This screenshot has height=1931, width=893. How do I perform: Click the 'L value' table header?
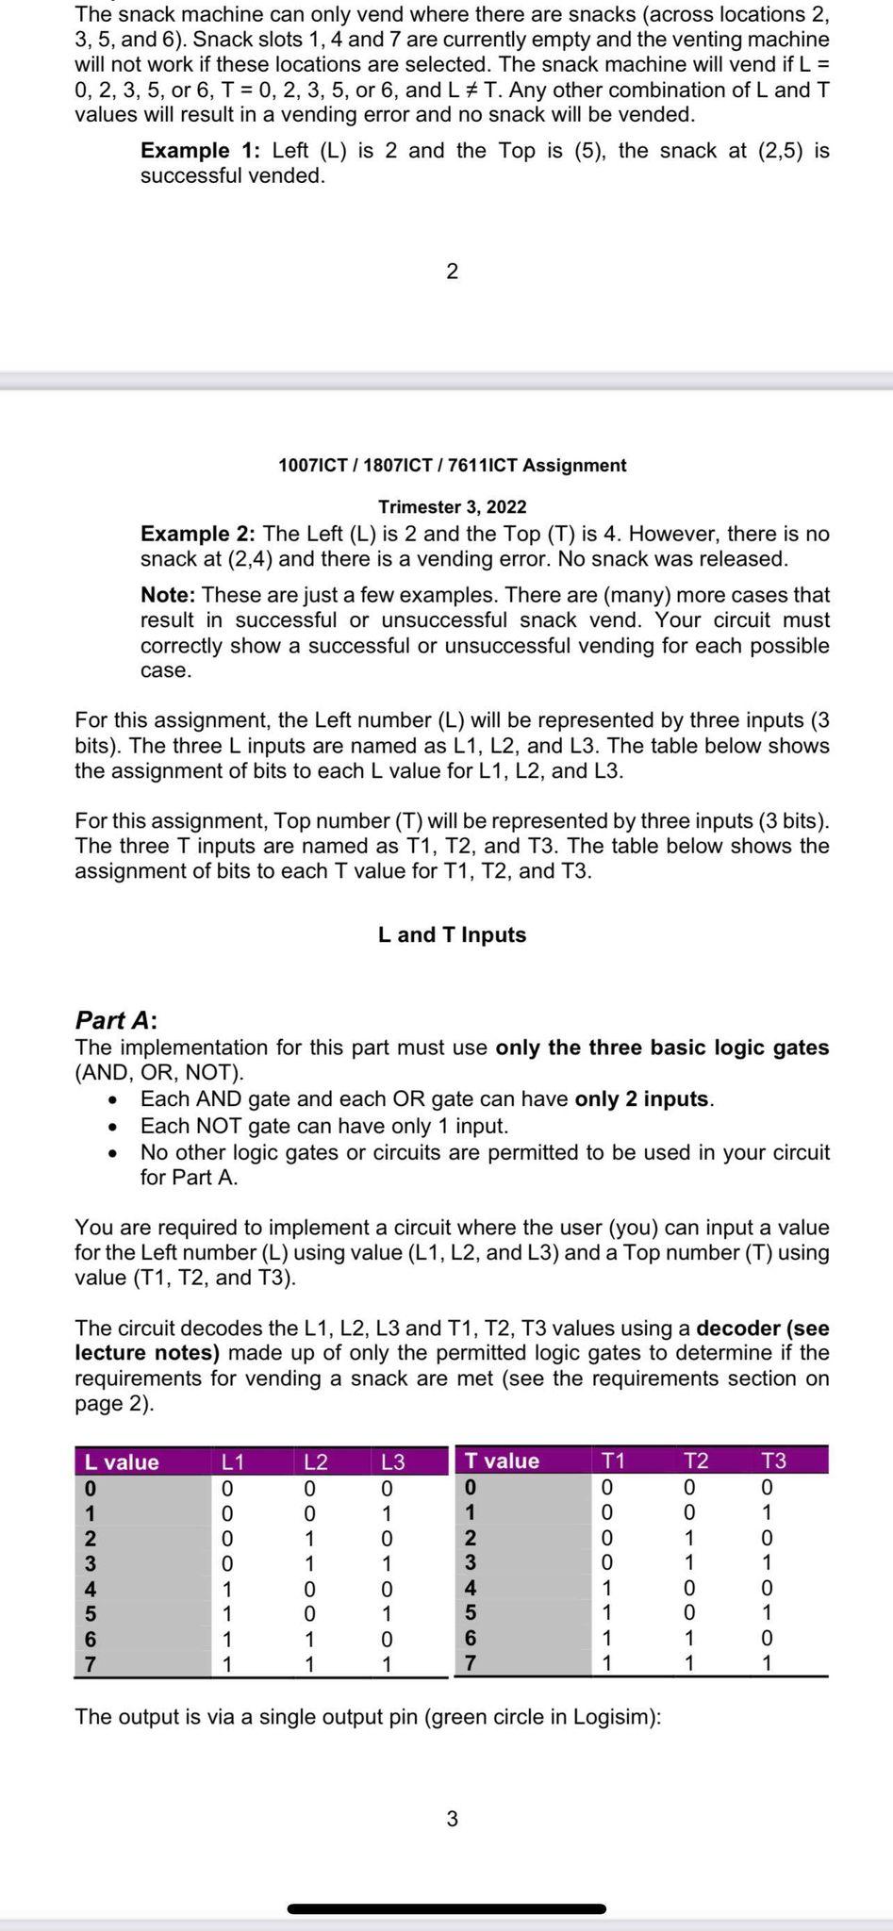(x=122, y=1462)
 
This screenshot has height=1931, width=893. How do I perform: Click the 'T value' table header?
(x=502, y=1461)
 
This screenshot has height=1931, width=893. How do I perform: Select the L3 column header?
(x=393, y=1462)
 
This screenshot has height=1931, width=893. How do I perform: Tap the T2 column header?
(x=695, y=1461)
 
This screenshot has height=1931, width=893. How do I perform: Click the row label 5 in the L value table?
(x=91, y=1614)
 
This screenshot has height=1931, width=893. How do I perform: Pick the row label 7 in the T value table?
(x=470, y=1663)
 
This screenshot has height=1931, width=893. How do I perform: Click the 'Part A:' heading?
(x=116, y=1020)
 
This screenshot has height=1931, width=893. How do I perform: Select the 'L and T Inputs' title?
(x=452, y=935)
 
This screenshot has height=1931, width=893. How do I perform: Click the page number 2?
(x=452, y=272)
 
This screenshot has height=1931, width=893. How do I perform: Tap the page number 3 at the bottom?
(x=452, y=1819)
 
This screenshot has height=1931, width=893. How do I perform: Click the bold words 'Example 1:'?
(x=199, y=151)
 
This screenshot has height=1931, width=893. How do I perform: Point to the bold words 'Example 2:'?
(x=199, y=534)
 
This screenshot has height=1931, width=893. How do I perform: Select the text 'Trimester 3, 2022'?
(x=452, y=507)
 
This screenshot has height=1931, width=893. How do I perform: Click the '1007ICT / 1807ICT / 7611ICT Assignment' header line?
(x=452, y=466)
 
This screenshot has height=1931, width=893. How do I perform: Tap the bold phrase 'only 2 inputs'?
(x=641, y=1099)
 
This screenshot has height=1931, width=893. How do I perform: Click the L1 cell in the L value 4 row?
(x=226, y=1590)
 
